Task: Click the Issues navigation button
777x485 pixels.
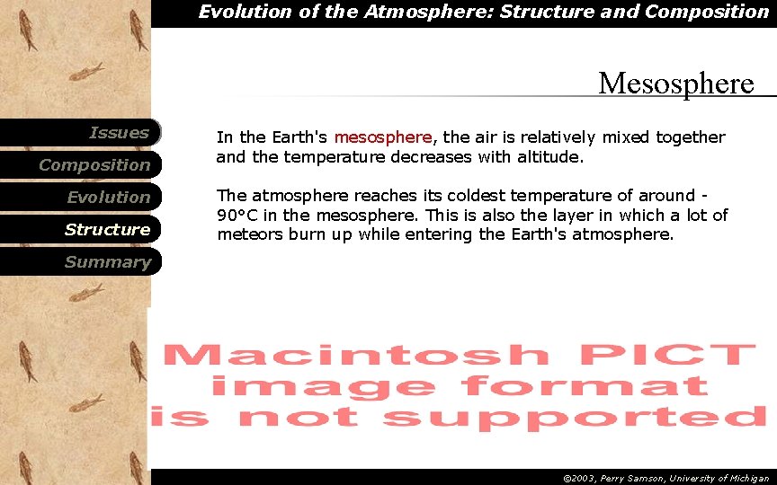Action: coord(119,133)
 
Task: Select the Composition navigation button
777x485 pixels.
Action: coord(94,165)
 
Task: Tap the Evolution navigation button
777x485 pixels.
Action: coord(109,198)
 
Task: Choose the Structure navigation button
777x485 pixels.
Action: coord(107,230)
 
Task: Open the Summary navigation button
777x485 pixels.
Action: coord(107,262)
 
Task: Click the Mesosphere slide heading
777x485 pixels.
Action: coord(676,84)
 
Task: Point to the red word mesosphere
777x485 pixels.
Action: coord(383,137)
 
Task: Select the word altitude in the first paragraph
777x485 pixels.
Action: coord(548,157)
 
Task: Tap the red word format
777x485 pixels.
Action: coord(585,386)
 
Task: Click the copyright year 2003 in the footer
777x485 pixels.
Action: coord(584,479)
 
